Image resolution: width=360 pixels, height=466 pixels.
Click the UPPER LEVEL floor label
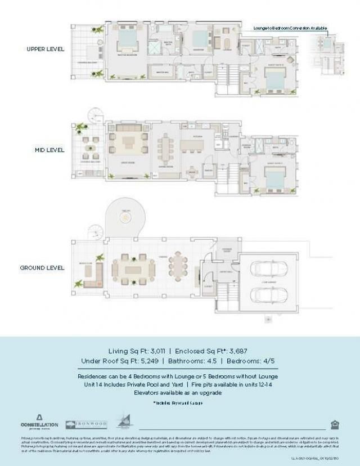click(46, 49)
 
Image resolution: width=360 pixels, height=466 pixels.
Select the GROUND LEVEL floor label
click(42, 267)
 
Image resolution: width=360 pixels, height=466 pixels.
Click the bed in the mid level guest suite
click(274, 178)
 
